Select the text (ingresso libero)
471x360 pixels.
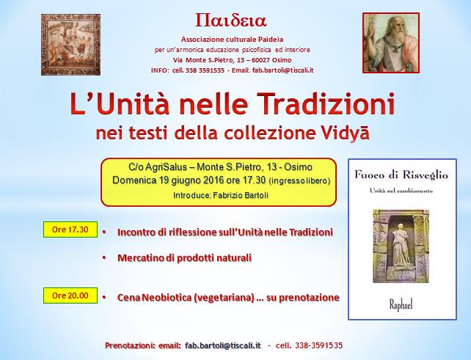click(x=299, y=180)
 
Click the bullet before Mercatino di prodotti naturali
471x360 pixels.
click(x=105, y=258)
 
